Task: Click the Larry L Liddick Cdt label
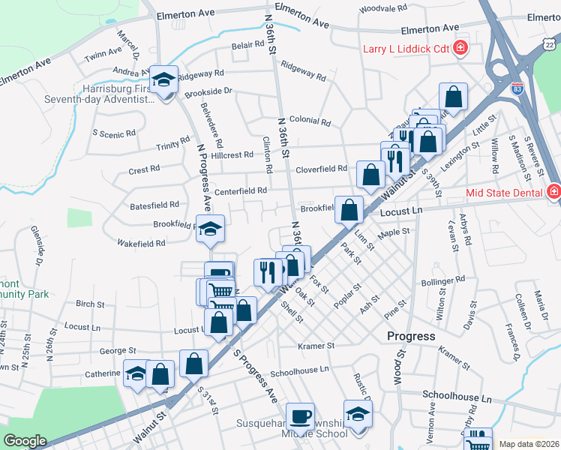pos(406,50)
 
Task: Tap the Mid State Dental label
pos(504,193)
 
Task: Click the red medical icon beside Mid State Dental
pos(553,192)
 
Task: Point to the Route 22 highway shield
pos(550,46)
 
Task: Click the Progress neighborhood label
pos(411,336)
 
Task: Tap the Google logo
pos(25,441)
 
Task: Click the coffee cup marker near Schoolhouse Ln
pos(301,415)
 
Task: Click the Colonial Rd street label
pos(310,121)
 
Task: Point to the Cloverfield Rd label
pos(321,169)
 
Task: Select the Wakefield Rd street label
pos(140,244)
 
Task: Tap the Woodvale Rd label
pos(383,8)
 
